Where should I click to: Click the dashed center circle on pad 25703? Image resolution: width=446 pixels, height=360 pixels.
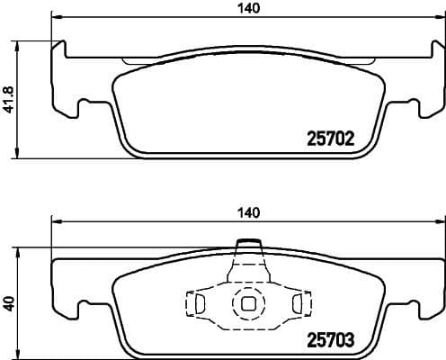pyautogui.click(x=247, y=303)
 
